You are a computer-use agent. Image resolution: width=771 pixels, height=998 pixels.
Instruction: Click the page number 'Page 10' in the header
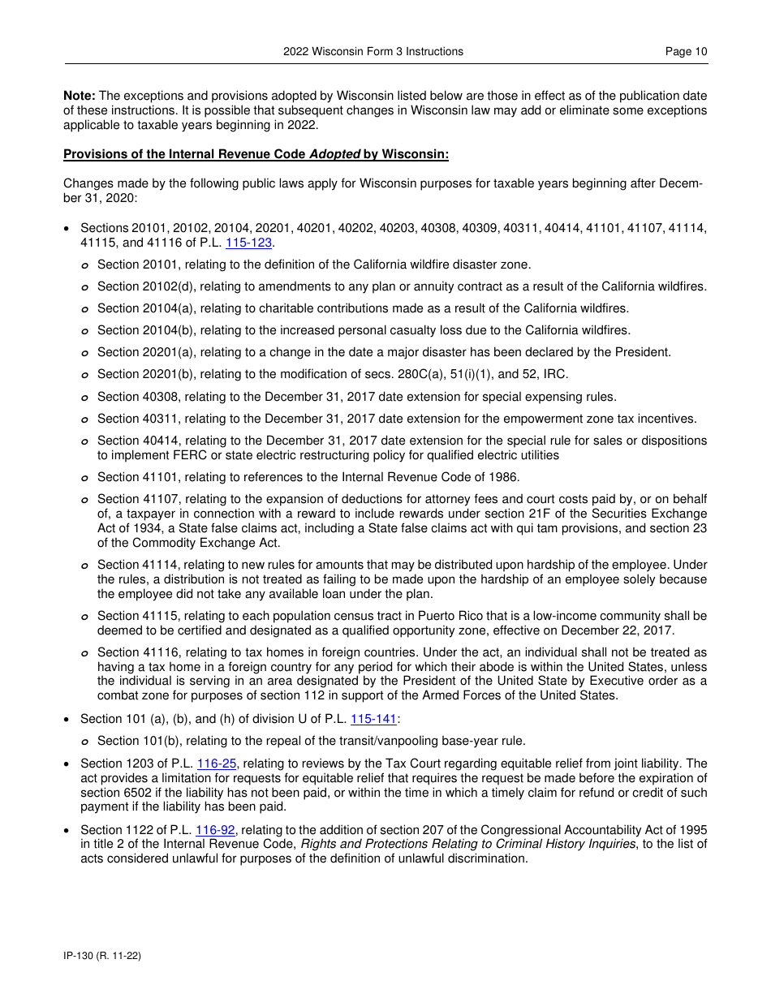[x=686, y=51]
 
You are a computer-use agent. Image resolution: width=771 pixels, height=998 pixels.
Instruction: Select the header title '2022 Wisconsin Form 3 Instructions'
[x=373, y=51]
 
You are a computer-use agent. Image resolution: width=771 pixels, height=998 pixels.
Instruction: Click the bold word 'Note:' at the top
[x=80, y=96]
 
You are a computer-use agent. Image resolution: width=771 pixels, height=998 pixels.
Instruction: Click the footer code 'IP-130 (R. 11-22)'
[x=102, y=956]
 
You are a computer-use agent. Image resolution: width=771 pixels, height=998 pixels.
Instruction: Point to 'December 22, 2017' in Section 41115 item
[x=624, y=630]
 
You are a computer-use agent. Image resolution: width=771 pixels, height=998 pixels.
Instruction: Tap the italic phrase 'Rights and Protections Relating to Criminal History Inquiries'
[x=468, y=844]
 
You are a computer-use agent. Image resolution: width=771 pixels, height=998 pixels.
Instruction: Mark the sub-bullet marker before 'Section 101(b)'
[x=85, y=742]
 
